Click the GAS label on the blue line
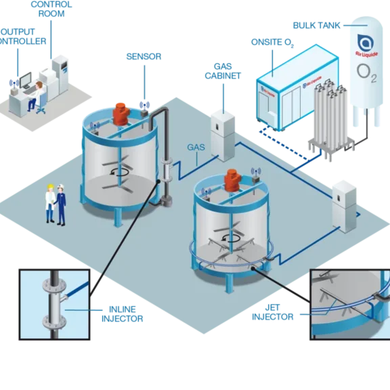click(196, 146)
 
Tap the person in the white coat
click(50, 202)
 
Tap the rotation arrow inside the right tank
click(234, 237)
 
